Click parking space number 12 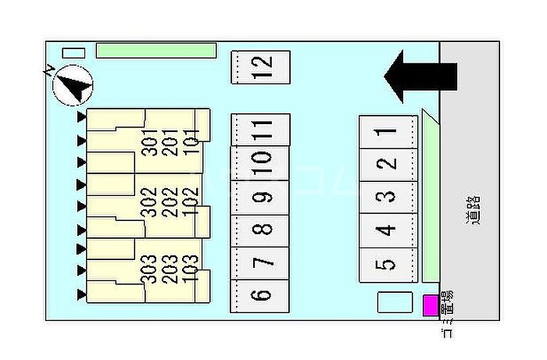[261, 66]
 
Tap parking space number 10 [261, 162]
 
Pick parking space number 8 [261, 230]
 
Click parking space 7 [261, 262]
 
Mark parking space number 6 [261, 296]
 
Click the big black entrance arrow [420, 76]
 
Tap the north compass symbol [73, 84]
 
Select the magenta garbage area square [431, 305]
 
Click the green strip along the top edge [156, 50]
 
